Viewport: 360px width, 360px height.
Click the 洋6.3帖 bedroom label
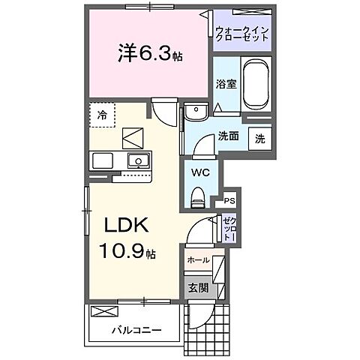click(x=149, y=55)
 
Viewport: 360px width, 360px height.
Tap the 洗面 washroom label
click(x=228, y=136)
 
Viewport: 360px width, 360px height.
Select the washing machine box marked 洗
click(x=259, y=139)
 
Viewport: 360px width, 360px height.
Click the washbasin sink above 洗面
click(x=197, y=113)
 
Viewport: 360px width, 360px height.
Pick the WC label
click(x=199, y=172)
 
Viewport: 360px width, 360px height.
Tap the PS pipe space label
click(x=229, y=201)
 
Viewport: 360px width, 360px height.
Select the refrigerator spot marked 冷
click(x=102, y=115)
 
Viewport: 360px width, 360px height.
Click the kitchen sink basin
click(x=137, y=160)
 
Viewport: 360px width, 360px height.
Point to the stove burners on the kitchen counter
click(x=101, y=160)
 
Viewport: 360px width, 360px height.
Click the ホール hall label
click(x=198, y=260)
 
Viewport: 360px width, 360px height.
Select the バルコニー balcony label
click(x=136, y=329)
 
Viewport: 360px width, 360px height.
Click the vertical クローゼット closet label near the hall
click(x=229, y=228)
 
